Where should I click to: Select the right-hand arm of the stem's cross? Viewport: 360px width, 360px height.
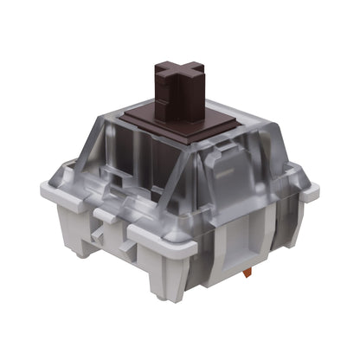[x=198, y=71]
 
